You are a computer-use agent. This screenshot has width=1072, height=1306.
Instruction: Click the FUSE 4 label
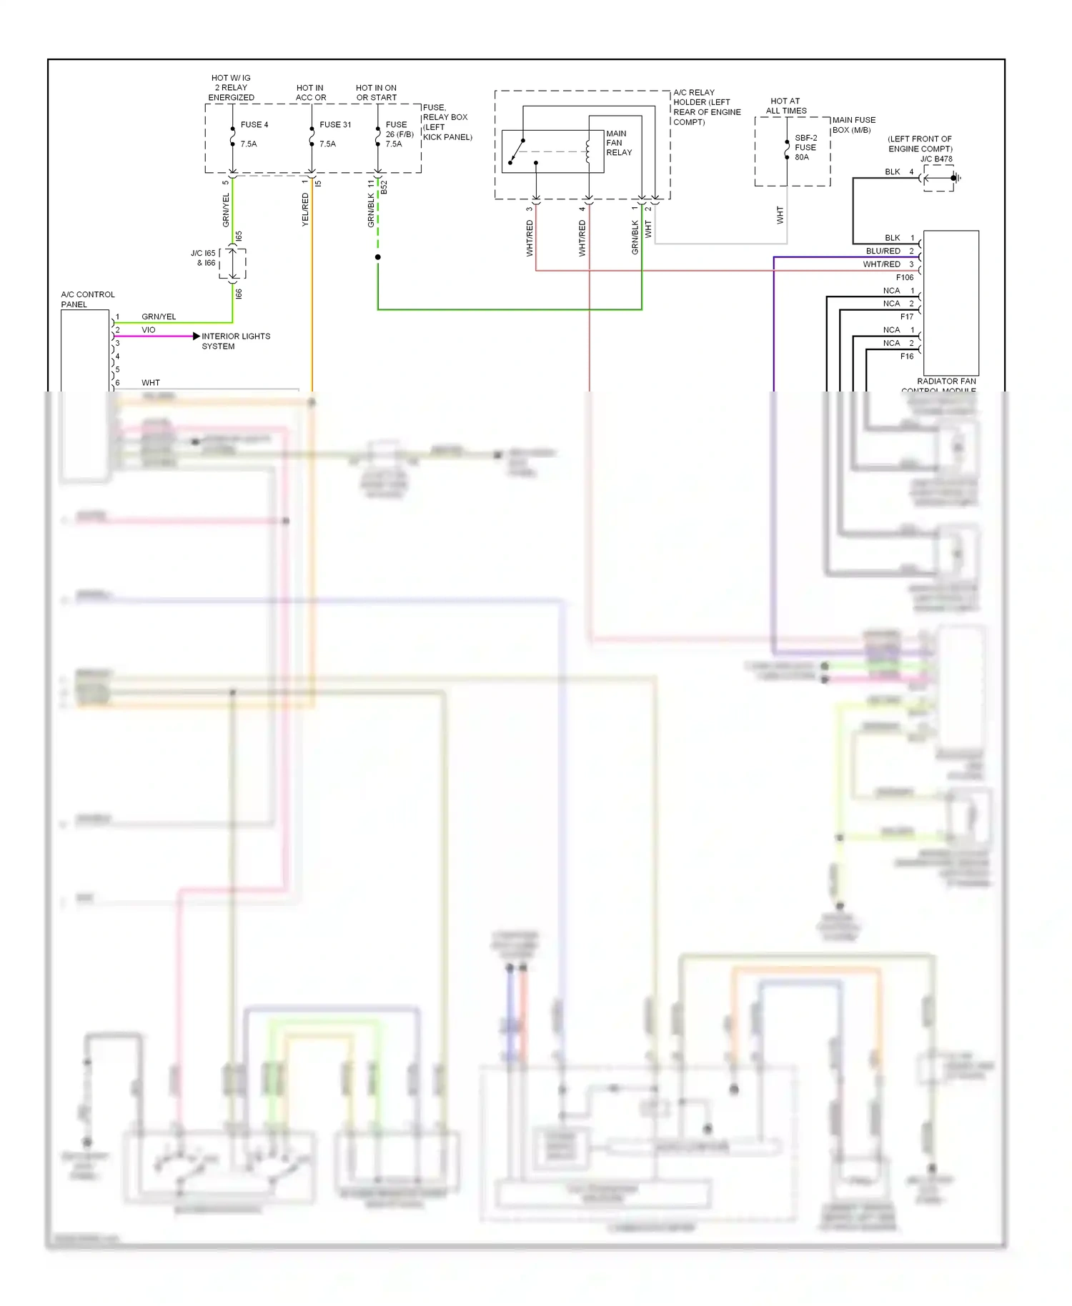(x=254, y=124)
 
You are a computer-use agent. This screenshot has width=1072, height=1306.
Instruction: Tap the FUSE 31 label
(x=335, y=124)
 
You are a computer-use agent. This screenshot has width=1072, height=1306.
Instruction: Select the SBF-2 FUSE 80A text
(x=805, y=147)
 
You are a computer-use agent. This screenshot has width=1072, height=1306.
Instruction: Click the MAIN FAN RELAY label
(x=618, y=143)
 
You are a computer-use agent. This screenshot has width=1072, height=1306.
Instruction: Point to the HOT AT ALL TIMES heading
(x=785, y=106)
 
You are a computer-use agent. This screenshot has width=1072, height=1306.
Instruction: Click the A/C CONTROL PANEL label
(x=87, y=299)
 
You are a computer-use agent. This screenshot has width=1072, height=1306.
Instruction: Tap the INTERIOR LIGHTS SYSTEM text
(x=235, y=341)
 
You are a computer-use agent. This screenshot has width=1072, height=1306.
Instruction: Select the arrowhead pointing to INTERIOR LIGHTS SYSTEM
(x=197, y=336)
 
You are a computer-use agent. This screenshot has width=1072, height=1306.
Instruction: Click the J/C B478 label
(x=935, y=159)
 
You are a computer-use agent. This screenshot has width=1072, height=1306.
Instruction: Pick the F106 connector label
(x=904, y=277)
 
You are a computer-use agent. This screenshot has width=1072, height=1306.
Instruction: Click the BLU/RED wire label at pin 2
(x=883, y=251)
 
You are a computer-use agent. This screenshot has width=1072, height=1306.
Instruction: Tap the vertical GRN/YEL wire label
(x=226, y=210)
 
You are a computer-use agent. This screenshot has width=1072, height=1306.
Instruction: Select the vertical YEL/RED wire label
(x=305, y=210)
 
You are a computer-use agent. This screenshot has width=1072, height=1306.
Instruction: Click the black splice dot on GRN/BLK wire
(x=377, y=256)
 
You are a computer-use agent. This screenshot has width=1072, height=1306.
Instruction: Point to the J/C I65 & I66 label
(x=203, y=258)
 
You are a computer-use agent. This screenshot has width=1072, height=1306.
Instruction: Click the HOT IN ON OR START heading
(x=376, y=92)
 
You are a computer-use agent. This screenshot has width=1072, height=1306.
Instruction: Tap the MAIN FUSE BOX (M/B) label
(x=853, y=125)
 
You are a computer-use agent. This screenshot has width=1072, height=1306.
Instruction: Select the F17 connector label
(x=906, y=316)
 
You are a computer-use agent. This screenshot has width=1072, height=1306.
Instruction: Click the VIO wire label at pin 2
(x=148, y=330)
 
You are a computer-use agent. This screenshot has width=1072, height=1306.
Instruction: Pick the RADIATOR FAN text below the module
(x=946, y=382)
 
